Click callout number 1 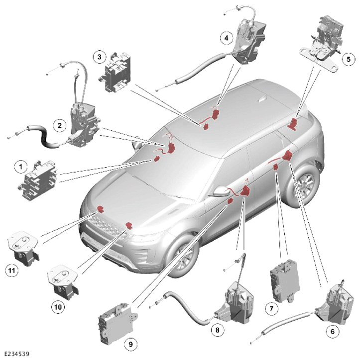point(21,166)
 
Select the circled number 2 point(60,125)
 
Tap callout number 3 point(100,57)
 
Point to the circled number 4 point(227,38)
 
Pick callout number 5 point(348,59)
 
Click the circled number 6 point(332,332)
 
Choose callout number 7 point(271,308)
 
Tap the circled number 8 point(217,330)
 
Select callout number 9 point(130,344)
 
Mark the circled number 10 point(58,307)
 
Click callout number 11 point(12,270)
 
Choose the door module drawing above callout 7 point(285,281)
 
